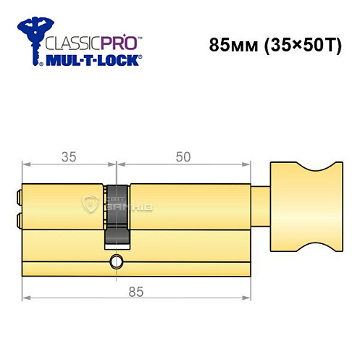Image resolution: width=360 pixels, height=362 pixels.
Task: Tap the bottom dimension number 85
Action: (132, 292)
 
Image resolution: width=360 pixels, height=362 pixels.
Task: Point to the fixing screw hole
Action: (115, 261)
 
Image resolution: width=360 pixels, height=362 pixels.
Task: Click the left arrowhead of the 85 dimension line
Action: (25, 298)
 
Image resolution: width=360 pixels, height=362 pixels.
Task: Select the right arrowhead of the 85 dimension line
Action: (250, 298)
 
